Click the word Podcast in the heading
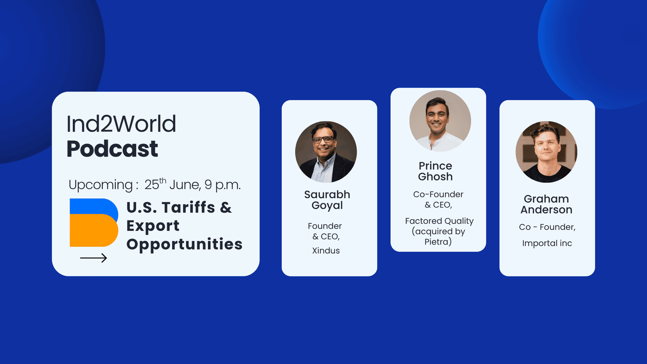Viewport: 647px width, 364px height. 112,149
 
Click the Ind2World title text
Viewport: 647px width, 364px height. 121,124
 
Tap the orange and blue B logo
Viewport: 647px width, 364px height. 94,222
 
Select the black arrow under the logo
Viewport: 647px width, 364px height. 93,258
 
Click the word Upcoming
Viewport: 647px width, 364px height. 101,185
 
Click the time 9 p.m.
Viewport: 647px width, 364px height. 222,185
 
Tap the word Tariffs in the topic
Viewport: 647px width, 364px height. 188,207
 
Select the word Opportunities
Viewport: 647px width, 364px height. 184,244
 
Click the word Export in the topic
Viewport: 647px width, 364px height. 153,226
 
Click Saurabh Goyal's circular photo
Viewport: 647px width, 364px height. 326,152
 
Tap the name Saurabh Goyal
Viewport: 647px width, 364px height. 327,200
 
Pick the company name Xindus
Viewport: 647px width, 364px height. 326,250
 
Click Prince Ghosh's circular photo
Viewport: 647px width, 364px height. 440,121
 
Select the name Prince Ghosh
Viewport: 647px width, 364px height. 435,171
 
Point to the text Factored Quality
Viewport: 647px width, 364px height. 439,221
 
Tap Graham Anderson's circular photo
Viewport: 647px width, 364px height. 546,152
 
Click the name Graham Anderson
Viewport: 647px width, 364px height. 546,204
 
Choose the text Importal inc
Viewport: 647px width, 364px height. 547,243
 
